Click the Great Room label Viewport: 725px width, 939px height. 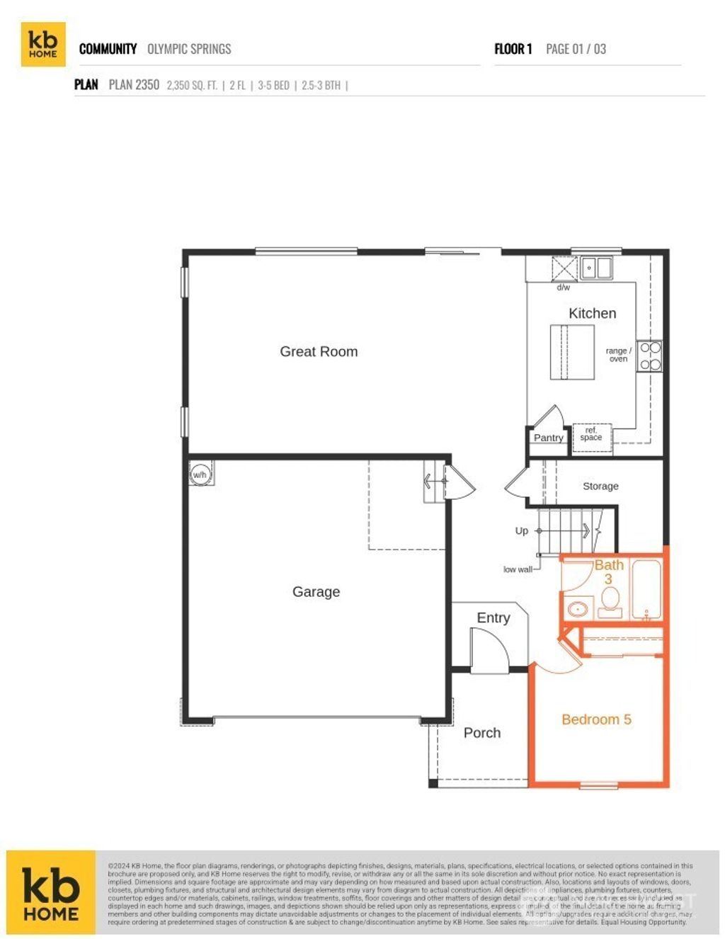click(319, 351)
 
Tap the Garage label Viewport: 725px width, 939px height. click(316, 591)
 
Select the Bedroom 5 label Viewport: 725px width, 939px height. click(596, 719)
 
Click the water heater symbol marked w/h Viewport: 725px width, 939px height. click(200, 474)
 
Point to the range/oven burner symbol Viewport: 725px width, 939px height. click(650, 356)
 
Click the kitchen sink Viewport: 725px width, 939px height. click(596, 268)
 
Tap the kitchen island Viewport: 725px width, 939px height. click(572, 352)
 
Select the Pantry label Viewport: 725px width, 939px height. click(548, 438)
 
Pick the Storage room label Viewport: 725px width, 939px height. click(600, 486)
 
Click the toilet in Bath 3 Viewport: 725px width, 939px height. click(610, 602)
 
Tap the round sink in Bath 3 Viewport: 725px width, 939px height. click(578, 608)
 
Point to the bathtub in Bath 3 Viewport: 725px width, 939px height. click(646, 590)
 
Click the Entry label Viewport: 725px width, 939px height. click(493, 618)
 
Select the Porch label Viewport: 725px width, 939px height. click(481, 733)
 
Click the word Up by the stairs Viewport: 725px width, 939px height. click(522, 530)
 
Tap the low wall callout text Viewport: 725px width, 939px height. click(518, 569)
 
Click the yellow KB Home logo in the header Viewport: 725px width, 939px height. click(42, 45)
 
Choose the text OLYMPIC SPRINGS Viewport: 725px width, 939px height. click(189, 49)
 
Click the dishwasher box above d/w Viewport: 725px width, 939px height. click(564, 269)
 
